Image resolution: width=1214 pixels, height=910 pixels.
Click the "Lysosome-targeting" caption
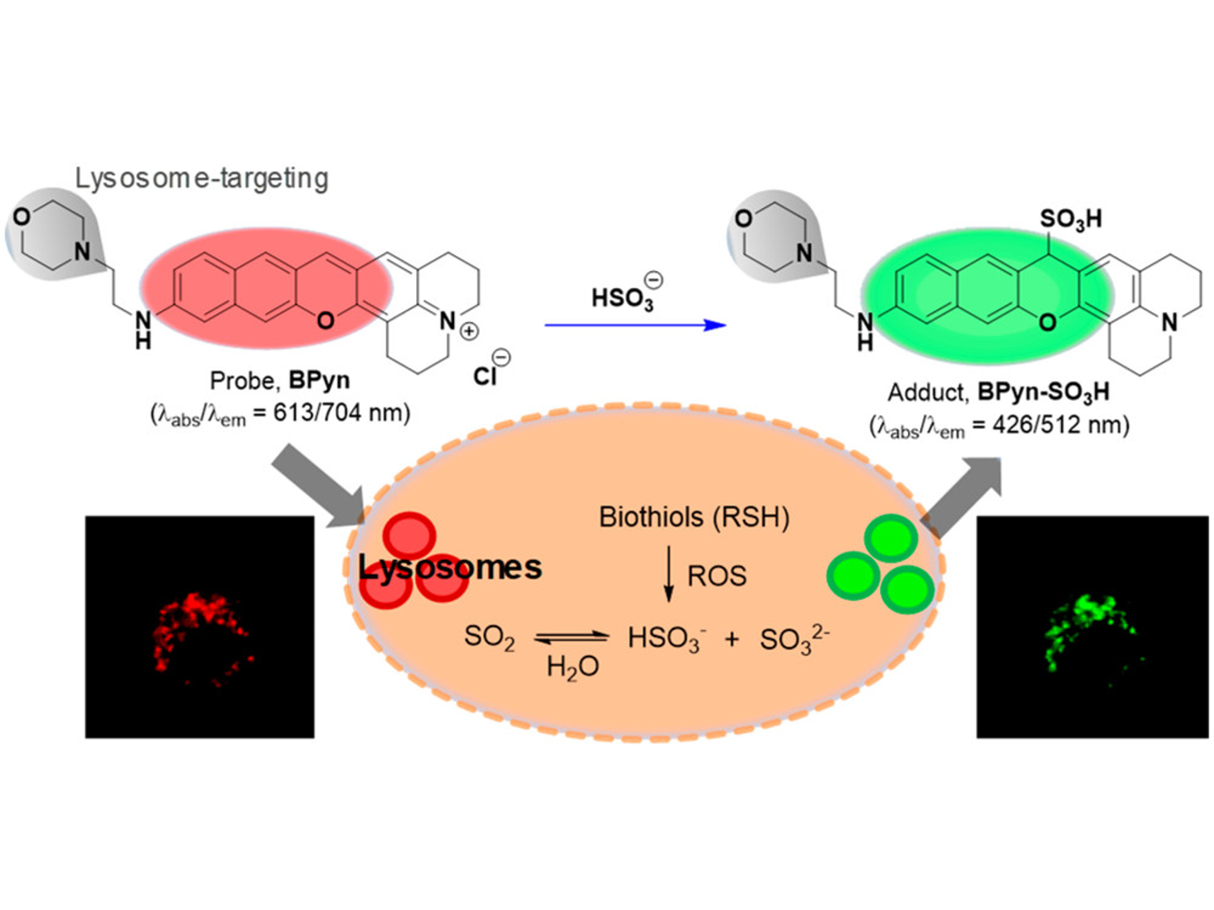click(202, 179)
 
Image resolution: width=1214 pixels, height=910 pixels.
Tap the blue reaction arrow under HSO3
click(635, 325)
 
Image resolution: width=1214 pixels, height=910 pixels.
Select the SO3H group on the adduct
click(1070, 218)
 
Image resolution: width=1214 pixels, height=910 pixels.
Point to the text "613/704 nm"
click(341, 413)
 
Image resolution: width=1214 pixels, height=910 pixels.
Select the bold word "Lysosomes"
click(450, 567)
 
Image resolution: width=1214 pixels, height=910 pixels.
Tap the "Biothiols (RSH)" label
click(694, 517)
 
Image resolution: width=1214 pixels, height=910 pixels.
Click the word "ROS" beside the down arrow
click(716, 576)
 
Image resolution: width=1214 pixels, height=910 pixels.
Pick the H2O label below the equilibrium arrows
click(572, 667)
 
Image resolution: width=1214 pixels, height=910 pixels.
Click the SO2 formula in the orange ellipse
click(489, 637)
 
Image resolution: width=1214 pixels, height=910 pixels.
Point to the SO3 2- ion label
click(794, 639)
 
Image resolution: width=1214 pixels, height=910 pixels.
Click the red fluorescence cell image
click(200, 627)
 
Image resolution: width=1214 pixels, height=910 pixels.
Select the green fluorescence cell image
click(1092, 627)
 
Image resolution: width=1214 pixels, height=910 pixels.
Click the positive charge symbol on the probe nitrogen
click(469, 331)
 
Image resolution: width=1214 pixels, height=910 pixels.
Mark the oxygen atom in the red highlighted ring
click(325, 321)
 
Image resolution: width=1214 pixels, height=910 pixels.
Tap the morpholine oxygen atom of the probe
click(22, 217)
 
